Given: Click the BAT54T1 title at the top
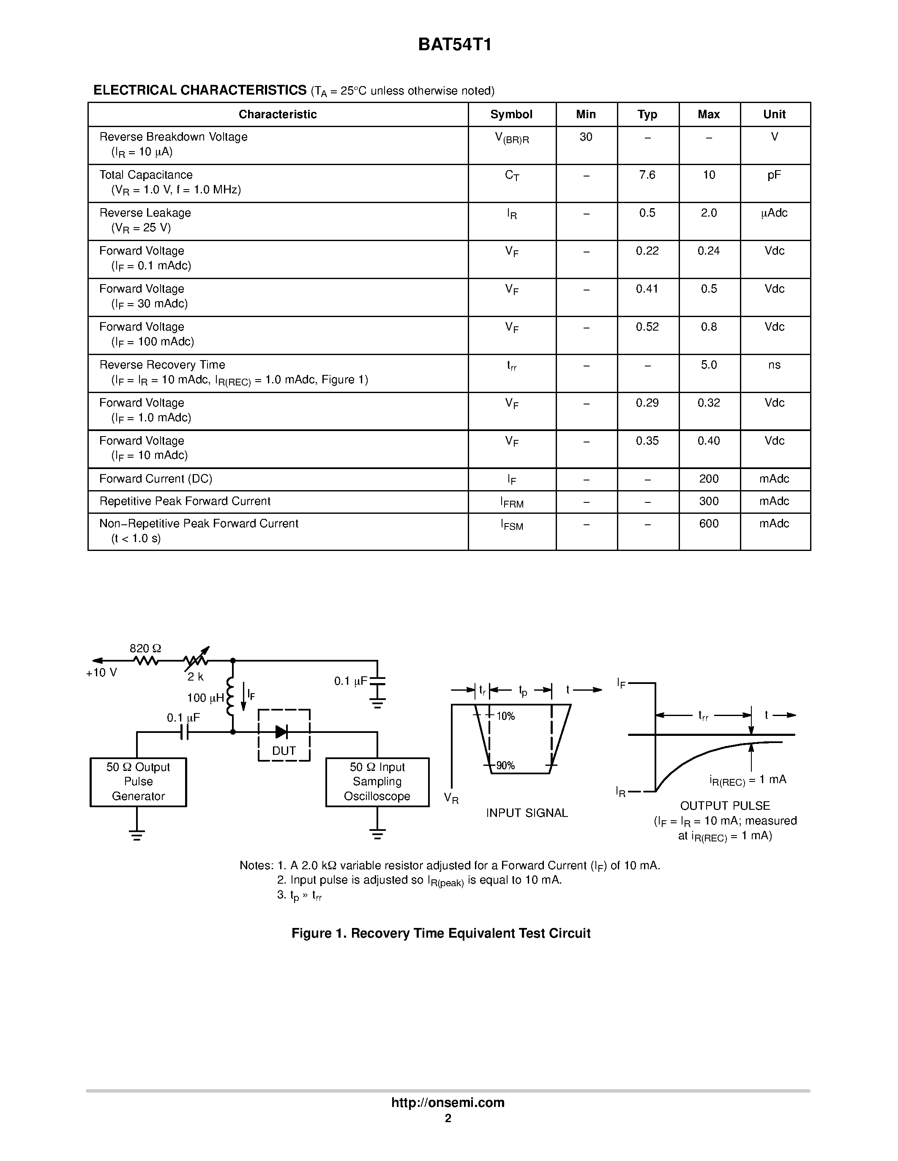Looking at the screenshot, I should tap(455, 45).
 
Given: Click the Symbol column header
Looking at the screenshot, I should tap(511, 114).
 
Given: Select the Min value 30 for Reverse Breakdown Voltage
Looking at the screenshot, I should tap(586, 137).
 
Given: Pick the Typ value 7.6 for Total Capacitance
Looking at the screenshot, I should tap(647, 175).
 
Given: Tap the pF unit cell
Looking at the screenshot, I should tap(774, 175).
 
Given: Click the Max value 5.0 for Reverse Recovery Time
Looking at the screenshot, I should tap(709, 365).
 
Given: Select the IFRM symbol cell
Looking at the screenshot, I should tap(512, 502).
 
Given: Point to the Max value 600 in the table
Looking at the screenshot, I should tap(709, 524).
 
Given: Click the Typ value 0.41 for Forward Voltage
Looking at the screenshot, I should tap(647, 289).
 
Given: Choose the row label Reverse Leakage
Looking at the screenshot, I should tap(145, 213).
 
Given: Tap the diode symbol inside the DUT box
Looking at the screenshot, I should tap(282, 732).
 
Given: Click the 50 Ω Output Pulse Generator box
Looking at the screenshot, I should tap(138, 781).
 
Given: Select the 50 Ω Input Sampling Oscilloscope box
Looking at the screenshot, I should tap(377, 781).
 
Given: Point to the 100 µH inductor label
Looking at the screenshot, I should tap(205, 698).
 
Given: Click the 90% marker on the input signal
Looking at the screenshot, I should tap(505, 765).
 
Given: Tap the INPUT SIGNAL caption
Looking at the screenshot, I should tap(527, 813).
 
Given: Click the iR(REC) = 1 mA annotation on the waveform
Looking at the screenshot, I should tap(748, 780).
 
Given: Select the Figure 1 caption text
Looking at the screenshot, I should tap(441, 933).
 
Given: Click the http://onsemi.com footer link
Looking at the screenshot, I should tap(448, 1102).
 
